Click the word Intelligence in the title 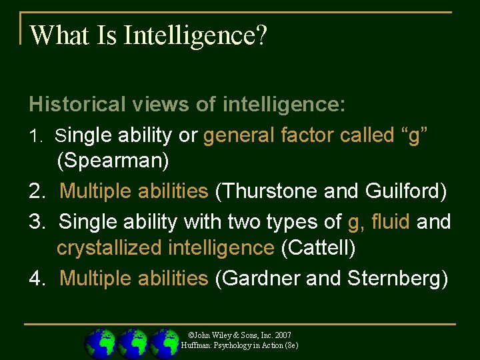coord(189,36)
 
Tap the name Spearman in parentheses coord(113,161)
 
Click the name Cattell coord(318,248)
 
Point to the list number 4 coord(36,278)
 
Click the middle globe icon coord(133,343)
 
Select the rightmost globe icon coord(165,343)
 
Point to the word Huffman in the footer coord(195,345)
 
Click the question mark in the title coord(261,36)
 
